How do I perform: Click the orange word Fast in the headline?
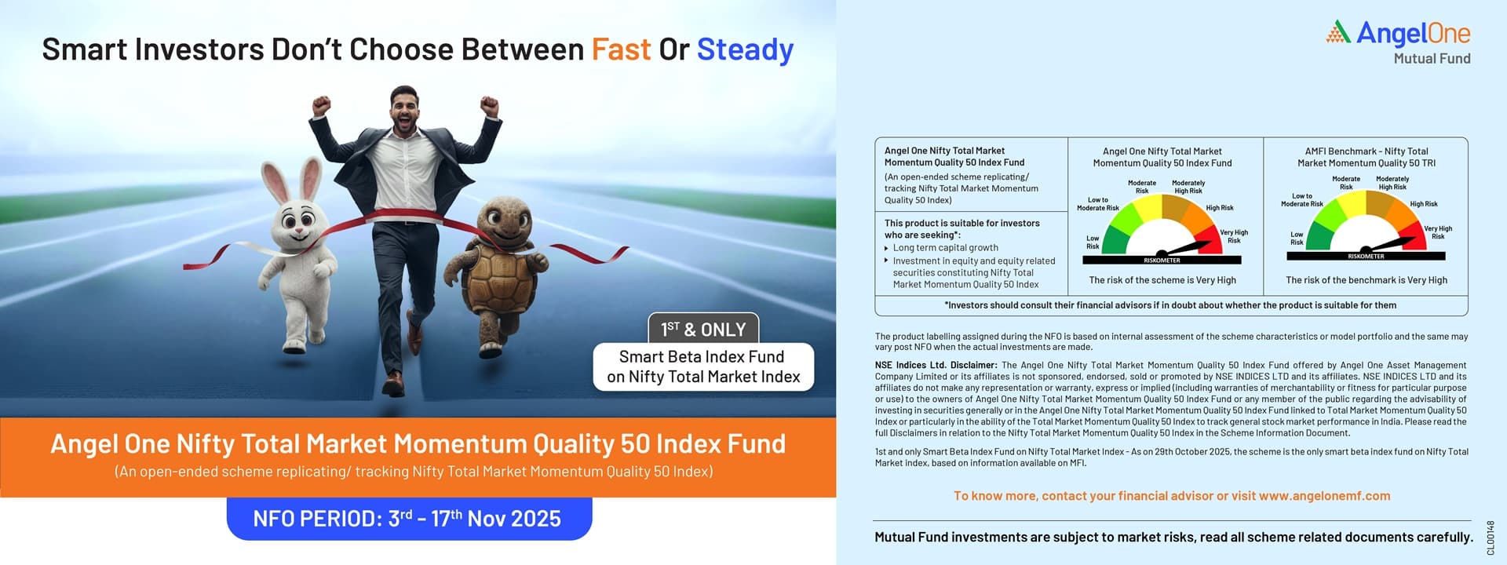tap(621, 49)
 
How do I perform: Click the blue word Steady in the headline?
tap(745, 50)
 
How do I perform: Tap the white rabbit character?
tap(299, 251)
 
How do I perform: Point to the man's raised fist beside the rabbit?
tap(320, 106)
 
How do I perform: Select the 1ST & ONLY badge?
tap(702, 329)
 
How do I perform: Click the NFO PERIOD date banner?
tap(409, 519)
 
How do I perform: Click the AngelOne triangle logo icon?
tap(1338, 32)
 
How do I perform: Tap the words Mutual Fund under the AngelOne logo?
tap(1432, 58)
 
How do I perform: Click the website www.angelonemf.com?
tap(1324, 496)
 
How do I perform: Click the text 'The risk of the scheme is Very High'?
tap(1162, 280)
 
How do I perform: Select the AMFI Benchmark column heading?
tap(1367, 157)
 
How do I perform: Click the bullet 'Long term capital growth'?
tap(945, 248)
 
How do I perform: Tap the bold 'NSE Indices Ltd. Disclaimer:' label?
tap(936, 365)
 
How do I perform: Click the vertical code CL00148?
tap(1491, 538)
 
